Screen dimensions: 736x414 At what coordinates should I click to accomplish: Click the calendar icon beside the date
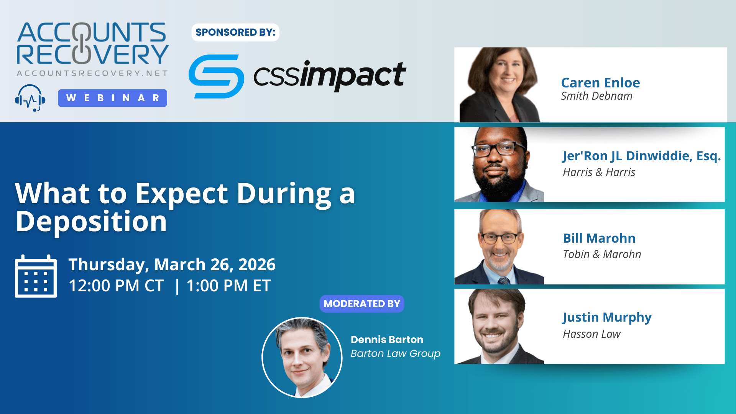coord(36,276)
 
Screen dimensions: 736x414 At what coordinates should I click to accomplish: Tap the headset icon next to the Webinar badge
coord(30,98)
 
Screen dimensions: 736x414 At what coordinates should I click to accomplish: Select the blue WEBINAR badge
coord(112,98)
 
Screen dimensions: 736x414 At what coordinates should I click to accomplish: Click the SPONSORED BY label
coord(235,32)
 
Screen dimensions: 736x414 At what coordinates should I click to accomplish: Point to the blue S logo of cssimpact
coord(216,76)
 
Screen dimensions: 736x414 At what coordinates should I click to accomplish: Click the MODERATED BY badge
coord(362,304)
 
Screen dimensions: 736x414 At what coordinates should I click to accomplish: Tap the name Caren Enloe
coord(600,83)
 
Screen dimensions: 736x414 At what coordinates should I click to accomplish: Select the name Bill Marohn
coord(599,238)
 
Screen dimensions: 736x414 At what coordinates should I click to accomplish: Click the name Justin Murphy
coord(607,318)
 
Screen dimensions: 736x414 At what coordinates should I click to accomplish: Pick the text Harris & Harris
coord(599,172)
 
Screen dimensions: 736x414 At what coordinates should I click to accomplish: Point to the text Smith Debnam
coord(596,96)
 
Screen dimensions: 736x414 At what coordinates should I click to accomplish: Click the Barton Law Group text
coord(395,353)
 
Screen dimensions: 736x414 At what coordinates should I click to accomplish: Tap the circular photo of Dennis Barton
coord(302,357)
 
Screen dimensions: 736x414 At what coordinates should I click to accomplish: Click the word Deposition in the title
coord(91,222)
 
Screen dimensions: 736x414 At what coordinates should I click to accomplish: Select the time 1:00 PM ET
coord(228,286)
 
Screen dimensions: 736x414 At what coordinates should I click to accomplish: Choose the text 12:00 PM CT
coord(116,286)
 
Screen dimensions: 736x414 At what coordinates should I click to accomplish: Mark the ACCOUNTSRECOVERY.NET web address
coord(92,73)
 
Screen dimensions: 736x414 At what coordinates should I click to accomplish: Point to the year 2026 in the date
coord(257,264)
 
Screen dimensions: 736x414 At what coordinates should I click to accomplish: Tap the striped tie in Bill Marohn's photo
coord(504,280)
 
